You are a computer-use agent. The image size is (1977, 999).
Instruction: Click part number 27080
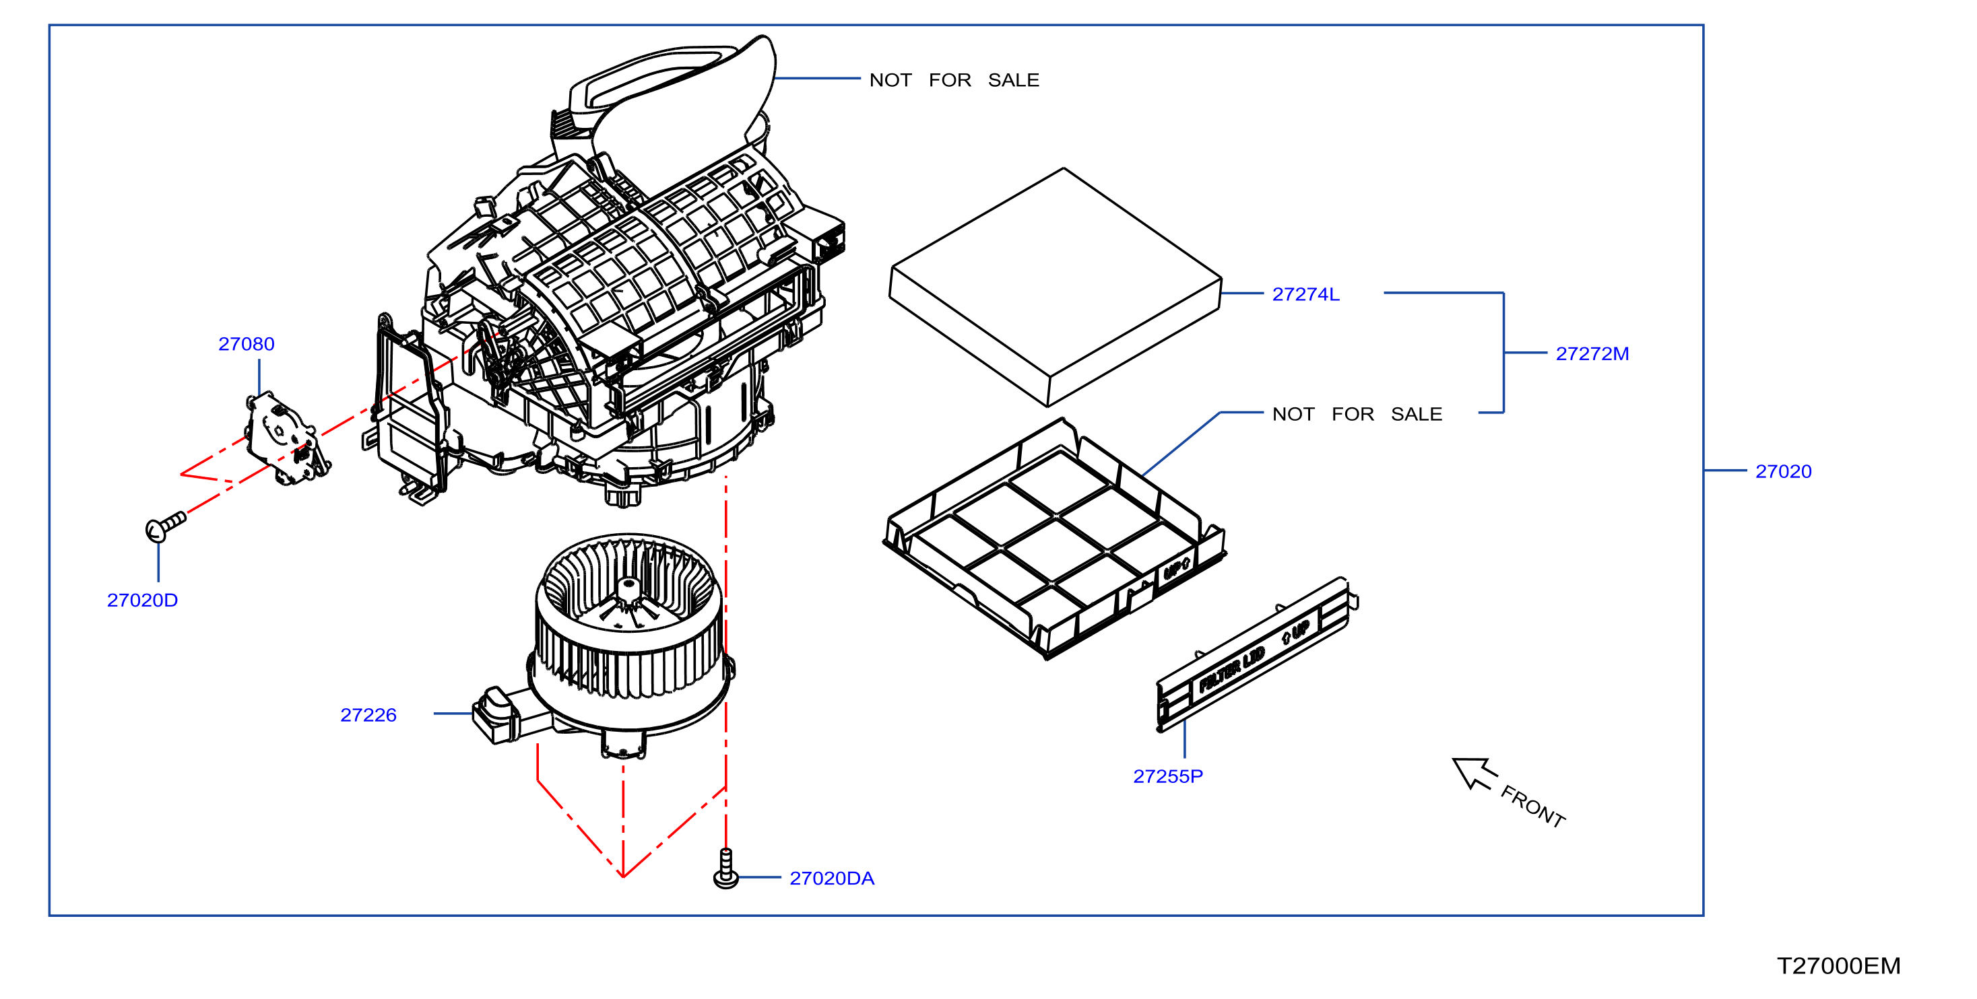pyautogui.click(x=246, y=344)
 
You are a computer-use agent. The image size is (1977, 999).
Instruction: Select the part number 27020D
pyautogui.click(x=142, y=600)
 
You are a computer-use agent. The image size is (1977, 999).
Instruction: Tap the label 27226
pyautogui.click(x=368, y=715)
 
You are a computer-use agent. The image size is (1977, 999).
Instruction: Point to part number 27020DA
pyautogui.click(x=832, y=879)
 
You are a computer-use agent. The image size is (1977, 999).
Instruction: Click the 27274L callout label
pyautogui.click(x=1305, y=294)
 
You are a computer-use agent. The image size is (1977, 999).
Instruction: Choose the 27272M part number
pyautogui.click(x=1592, y=353)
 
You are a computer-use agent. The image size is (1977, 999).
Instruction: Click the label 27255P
pyautogui.click(x=1168, y=776)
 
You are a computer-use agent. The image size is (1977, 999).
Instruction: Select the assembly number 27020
pyautogui.click(x=1783, y=471)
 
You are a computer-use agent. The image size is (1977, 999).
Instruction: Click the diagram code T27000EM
pyautogui.click(x=1838, y=966)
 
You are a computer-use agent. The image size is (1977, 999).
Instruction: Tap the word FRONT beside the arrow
pyautogui.click(x=1532, y=806)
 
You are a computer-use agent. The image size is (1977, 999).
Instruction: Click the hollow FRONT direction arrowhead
pyautogui.click(x=1472, y=772)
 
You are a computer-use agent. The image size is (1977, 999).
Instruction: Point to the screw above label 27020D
pyautogui.click(x=165, y=526)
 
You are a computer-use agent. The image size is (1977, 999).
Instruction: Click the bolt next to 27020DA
pyautogui.click(x=726, y=869)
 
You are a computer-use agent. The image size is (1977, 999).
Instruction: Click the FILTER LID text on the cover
pyautogui.click(x=1231, y=670)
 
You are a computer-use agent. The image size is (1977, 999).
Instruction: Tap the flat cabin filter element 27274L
pyautogui.click(x=1056, y=287)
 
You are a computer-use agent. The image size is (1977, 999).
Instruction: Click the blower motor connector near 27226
pyautogui.click(x=495, y=714)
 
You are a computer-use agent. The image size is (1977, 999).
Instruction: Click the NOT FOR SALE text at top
pyautogui.click(x=954, y=80)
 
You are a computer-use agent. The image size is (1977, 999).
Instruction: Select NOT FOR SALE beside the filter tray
pyautogui.click(x=1357, y=414)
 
